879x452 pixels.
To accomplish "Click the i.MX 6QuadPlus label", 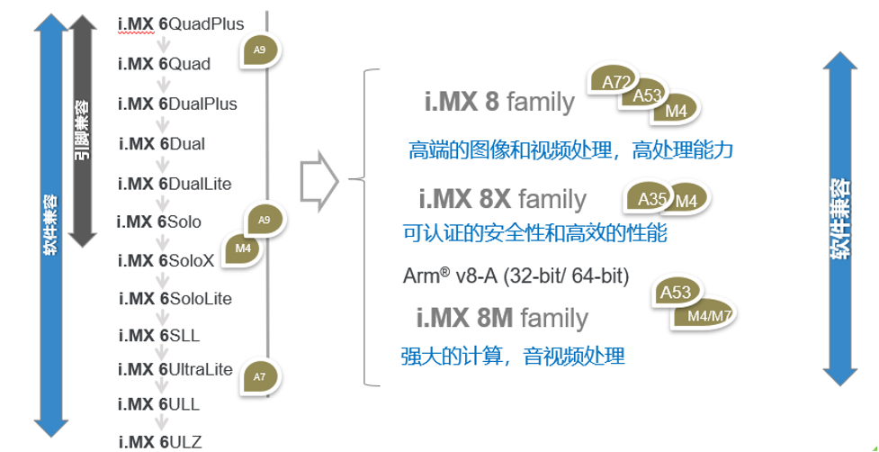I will pos(181,23).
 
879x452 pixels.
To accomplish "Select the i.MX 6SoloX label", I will pos(166,260).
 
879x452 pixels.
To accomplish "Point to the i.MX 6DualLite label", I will pos(175,184).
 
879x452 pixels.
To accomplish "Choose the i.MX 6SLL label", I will pos(159,336).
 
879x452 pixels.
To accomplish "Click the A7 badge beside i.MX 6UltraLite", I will pos(260,376).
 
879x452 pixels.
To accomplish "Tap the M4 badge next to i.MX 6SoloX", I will pos(243,249).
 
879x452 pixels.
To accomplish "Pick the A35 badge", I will pos(650,198).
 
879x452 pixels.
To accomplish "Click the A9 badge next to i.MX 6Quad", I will pos(259,50).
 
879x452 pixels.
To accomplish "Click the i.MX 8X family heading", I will pos(502,199).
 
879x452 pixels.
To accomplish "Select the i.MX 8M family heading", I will pos(502,318).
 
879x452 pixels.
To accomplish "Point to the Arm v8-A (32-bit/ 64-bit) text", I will pos(516,276).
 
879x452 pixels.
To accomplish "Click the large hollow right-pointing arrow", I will pos(318,183).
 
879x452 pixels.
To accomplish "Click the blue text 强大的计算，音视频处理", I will pos(512,357).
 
